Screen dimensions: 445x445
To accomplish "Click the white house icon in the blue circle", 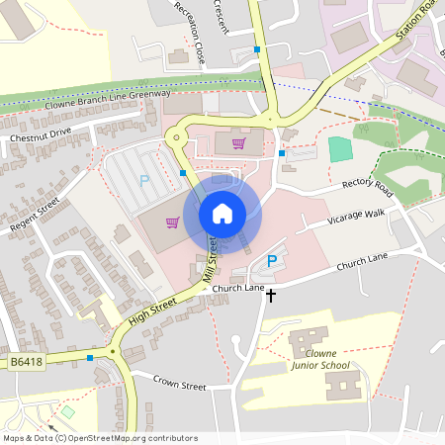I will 222,213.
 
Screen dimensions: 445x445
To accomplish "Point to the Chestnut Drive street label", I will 41,131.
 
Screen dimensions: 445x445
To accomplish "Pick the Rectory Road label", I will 367,188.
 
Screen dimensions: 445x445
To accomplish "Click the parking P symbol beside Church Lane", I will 272,262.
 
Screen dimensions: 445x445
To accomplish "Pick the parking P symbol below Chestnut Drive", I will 144,181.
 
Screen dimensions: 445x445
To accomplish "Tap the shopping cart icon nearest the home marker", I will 172,222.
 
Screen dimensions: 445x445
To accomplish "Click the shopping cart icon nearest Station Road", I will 237,142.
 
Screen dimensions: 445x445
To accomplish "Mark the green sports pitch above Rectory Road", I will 340,149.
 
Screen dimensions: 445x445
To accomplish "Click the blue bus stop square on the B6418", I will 90,358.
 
